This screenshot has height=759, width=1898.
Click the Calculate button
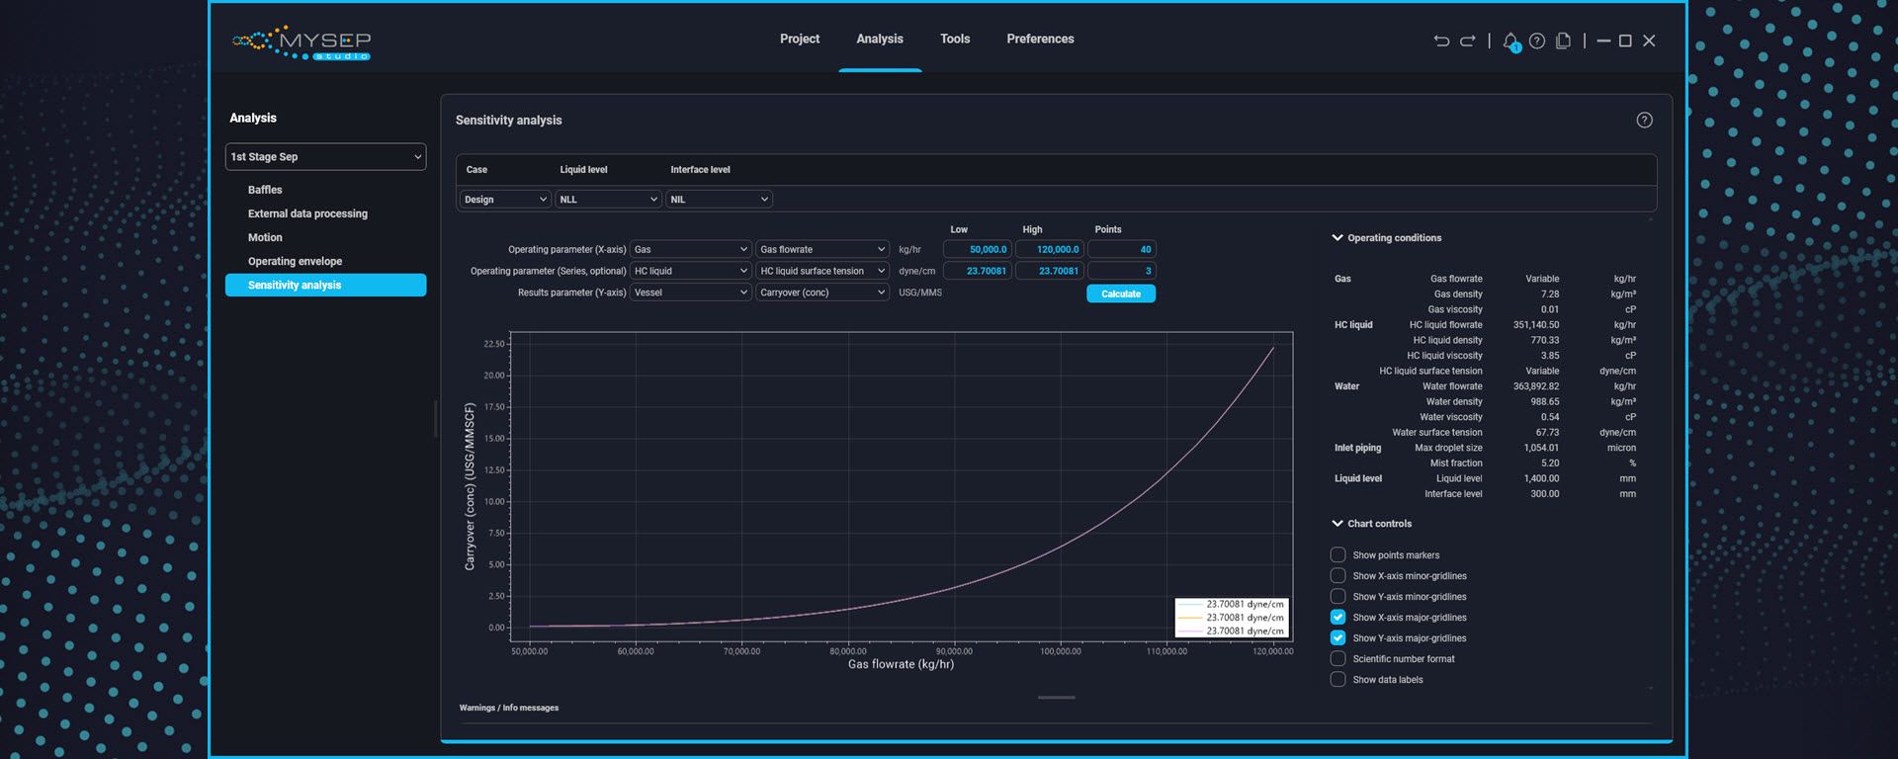[1120, 294]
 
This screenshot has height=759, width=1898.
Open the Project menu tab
[799, 39]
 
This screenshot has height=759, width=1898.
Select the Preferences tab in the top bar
[1040, 39]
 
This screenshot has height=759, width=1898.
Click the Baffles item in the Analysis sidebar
[265, 190]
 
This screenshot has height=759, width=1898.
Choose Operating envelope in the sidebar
[295, 261]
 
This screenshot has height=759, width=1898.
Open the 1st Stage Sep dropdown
[325, 157]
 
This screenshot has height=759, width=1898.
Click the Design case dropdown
[504, 200]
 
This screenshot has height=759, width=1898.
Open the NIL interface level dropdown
[719, 200]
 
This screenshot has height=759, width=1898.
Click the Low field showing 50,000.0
[977, 250]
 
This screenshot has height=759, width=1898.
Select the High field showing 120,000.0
[1049, 250]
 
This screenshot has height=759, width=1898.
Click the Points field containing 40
[1121, 250]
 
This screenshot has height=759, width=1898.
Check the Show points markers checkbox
[1337, 555]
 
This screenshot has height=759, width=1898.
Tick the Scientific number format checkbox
[1337, 659]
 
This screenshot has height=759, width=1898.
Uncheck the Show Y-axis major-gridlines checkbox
[1337, 638]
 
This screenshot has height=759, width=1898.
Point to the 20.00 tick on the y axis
[494, 376]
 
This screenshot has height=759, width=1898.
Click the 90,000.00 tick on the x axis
[954, 651]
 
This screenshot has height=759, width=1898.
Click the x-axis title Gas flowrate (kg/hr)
[901, 664]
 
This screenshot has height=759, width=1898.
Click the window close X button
[1649, 41]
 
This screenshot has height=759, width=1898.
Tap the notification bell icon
[1510, 42]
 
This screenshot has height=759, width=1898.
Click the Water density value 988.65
[1544, 402]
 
